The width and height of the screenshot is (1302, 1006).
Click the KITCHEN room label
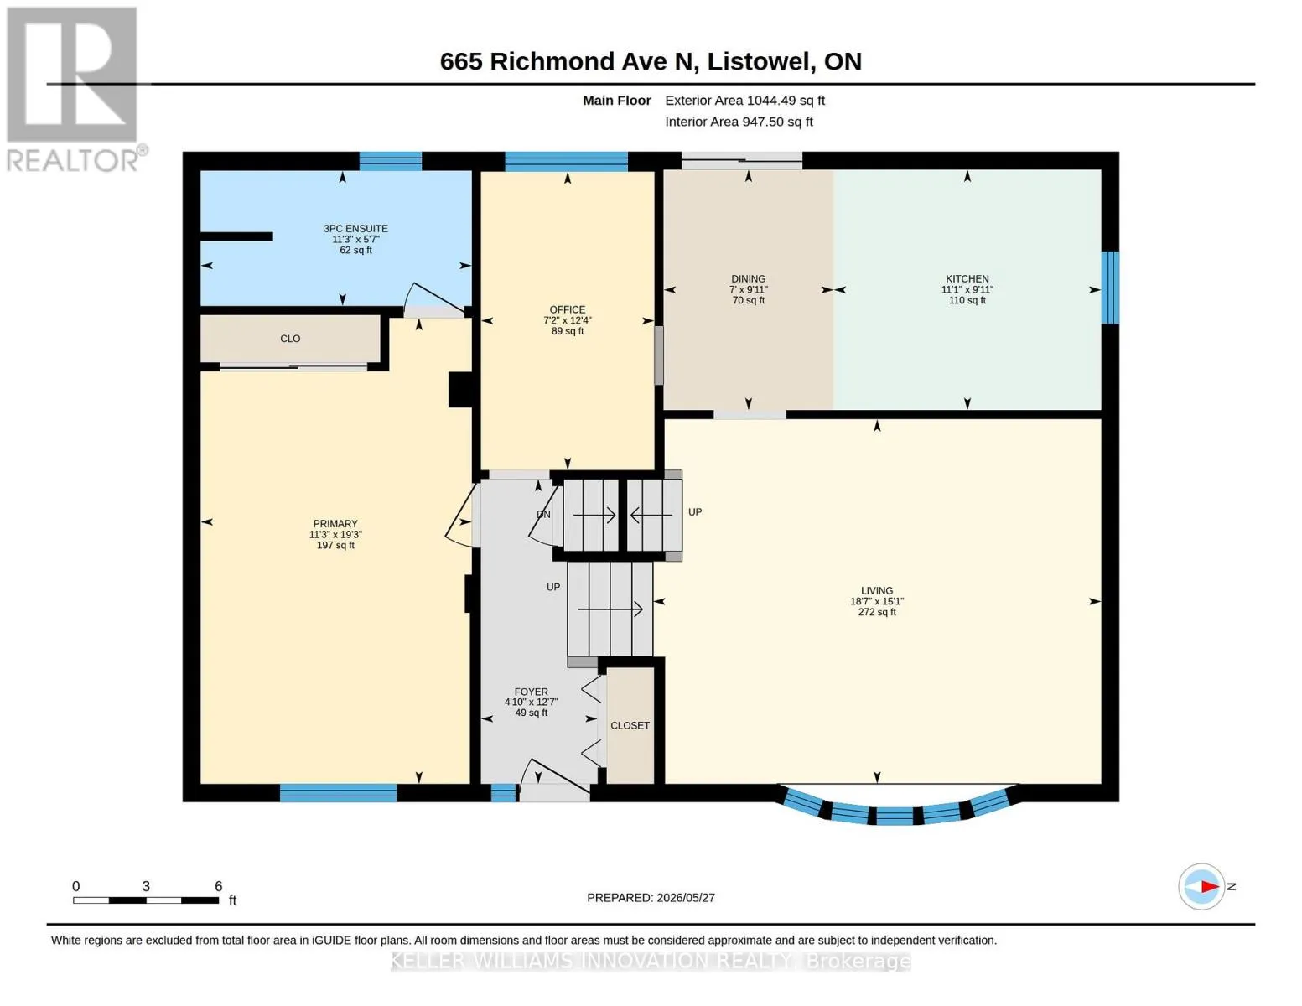pos(967,278)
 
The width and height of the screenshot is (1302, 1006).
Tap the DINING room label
pos(748,278)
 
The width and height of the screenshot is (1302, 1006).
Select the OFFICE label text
pos(568,309)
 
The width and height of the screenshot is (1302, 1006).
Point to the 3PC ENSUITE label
pos(355,228)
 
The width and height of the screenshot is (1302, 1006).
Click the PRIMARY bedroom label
pos(335,524)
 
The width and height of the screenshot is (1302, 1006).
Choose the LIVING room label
pos(877,590)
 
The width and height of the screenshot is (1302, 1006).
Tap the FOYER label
pos(531,692)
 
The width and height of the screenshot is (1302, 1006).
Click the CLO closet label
pos(290,339)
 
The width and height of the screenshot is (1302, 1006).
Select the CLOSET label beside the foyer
pos(630,725)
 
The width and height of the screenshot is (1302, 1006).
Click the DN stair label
pos(543,514)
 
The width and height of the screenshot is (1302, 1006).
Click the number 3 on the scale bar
pos(146,886)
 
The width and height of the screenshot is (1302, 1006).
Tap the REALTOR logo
pos(75,90)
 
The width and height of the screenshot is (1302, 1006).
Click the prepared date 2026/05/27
pos(686,898)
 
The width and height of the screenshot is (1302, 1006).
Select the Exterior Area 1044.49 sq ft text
pos(744,101)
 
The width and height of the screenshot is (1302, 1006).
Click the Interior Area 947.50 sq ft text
pos(739,122)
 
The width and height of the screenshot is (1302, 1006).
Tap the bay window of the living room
pos(897,807)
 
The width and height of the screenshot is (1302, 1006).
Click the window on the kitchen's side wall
pos(1110,288)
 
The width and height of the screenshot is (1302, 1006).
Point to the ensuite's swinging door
pos(433,298)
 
